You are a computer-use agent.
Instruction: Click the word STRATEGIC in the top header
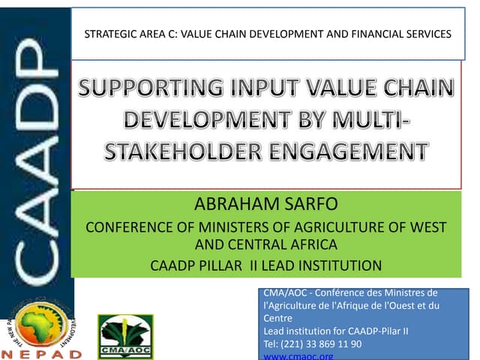105,34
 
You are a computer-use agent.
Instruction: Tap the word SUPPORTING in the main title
147,91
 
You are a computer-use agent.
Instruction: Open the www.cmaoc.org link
299,356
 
